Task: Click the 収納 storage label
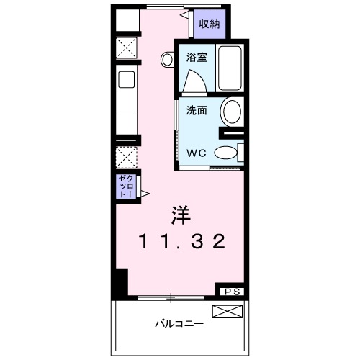[210, 24]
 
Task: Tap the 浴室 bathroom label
[197, 58]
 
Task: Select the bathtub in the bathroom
[230, 68]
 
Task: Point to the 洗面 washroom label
[197, 110]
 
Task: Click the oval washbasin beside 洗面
[232, 112]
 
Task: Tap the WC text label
[197, 153]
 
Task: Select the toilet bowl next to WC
[225, 153]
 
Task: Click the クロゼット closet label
[126, 186]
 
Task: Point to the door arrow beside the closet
[145, 194]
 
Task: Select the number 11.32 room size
[182, 241]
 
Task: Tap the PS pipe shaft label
[232, 292]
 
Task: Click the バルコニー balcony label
[179, 324]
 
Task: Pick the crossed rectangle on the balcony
[228, 311]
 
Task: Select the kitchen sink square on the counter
[127, 79]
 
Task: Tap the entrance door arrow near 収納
[184, 15]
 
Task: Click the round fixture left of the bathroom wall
[167, 59]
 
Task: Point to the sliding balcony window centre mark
[171, 298]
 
